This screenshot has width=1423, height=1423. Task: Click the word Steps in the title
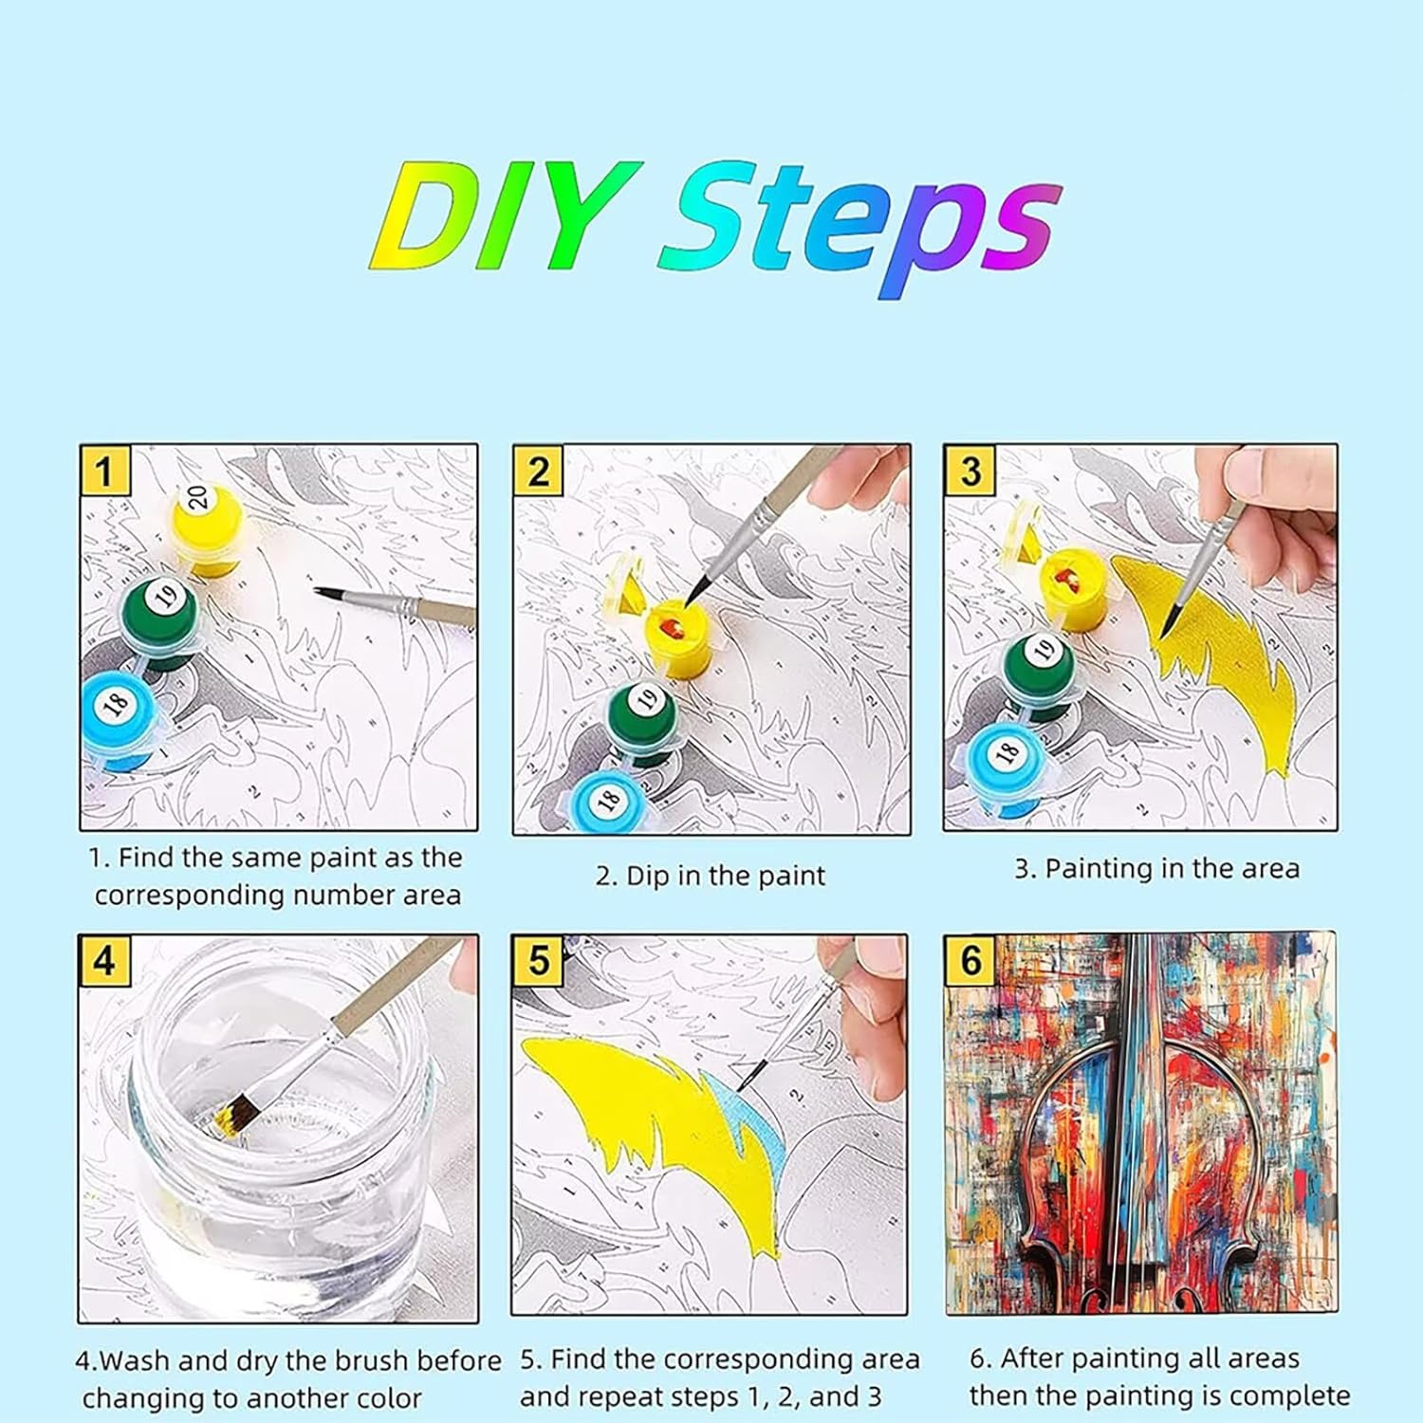click(x=859, y=228)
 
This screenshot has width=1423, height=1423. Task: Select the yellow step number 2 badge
click(x=539, y=471)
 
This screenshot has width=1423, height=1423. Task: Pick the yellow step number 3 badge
click(x=970, y=471)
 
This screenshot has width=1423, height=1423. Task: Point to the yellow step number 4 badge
click(x=104, y=961)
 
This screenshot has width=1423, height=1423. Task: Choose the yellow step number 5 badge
click(x=538, y=961)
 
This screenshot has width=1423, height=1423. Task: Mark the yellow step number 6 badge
click(x=970, y=961)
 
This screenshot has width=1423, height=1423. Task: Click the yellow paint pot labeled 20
click(x=205, y=527)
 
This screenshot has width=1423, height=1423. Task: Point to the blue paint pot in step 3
click(x=1006, y=764)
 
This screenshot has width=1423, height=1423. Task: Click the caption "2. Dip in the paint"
click(x=711, y=876)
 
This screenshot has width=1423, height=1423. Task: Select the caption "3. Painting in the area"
click(x=1156, y=869)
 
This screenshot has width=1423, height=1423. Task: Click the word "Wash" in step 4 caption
click(x=136, y=1360)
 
